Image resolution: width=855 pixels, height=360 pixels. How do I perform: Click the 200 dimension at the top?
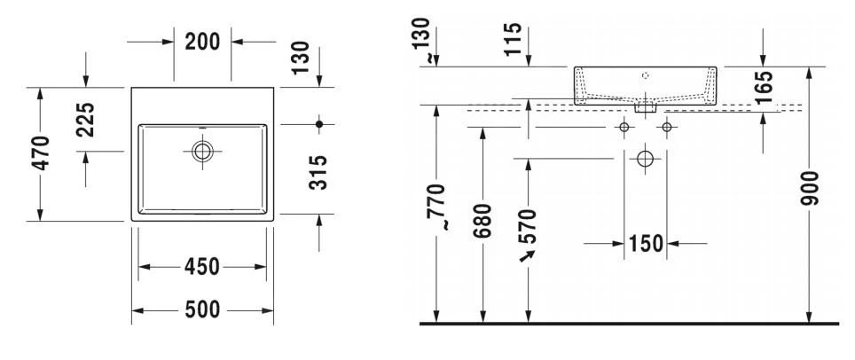(203, 41)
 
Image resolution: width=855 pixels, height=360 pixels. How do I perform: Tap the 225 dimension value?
(86, 120)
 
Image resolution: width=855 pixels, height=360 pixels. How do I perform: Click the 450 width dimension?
(203, 267)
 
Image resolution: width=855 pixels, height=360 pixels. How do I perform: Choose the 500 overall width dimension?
(203, 309)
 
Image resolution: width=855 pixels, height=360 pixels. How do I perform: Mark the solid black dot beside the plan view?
(320, 121)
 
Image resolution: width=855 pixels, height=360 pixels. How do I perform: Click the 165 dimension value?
(764, 87)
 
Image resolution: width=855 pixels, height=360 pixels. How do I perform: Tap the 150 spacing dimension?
(646, 243)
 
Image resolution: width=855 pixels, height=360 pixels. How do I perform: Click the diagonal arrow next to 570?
(529, 256)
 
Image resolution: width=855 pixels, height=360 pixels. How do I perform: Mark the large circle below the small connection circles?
(645, 160)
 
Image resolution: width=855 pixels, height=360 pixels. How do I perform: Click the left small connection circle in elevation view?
(624, 129)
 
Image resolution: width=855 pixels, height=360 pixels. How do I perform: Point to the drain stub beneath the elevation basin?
(645, 106)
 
